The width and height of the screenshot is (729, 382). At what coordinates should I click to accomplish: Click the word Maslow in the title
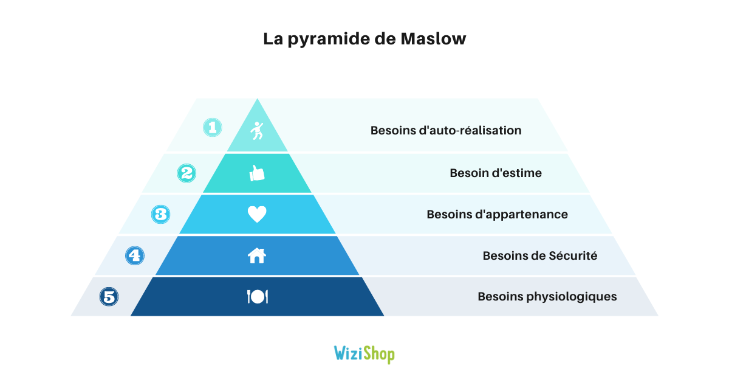(433, 39)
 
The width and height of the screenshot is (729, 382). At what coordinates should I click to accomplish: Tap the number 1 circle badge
(213, 128)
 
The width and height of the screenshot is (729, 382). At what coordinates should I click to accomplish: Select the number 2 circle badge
(187, 173)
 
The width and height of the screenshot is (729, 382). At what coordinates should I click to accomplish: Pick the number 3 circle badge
(161, 214)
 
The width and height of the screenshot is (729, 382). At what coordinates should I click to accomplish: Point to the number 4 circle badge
(135, 255)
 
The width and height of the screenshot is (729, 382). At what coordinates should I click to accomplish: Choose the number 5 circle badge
(109, 297)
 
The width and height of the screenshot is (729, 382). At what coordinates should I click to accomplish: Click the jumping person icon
(257, 131)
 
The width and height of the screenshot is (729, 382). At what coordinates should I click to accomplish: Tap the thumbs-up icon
(257, 173)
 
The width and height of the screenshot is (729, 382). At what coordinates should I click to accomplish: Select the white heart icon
(257, 214)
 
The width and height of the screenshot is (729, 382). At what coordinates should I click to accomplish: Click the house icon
(257, 255)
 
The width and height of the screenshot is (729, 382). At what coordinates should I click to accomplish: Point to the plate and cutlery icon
(258, 297)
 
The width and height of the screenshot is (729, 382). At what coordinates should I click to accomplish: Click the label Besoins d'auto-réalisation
(446, 130)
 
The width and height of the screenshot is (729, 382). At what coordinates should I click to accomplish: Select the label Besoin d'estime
(496, 173)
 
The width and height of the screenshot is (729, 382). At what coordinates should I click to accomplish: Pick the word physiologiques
(572, 297)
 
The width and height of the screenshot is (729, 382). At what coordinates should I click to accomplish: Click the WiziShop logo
(364, 354)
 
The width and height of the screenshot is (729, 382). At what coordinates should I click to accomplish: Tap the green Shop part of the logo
(379, 355)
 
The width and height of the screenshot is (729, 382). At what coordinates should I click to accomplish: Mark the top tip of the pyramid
(258, 99)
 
